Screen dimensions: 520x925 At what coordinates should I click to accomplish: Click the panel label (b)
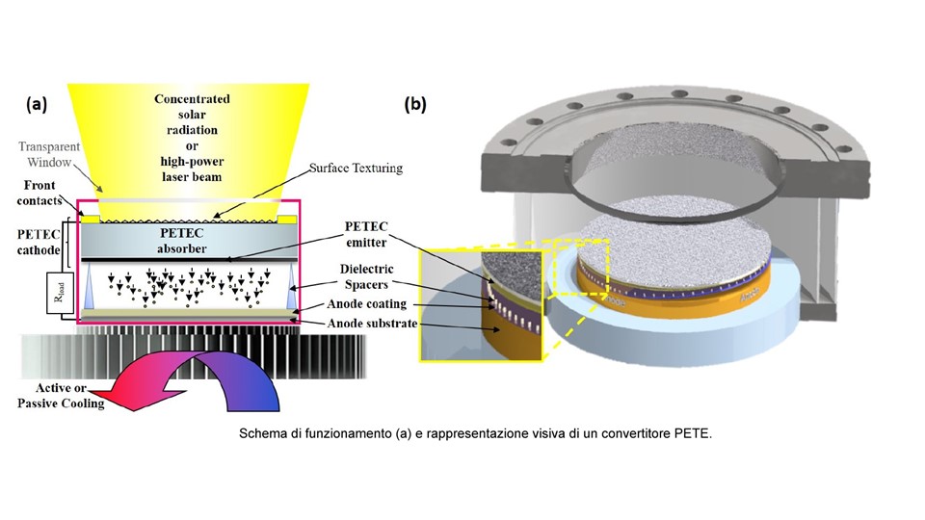click(416, 105)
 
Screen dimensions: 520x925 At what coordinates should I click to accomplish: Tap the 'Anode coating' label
click(372, 304)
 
